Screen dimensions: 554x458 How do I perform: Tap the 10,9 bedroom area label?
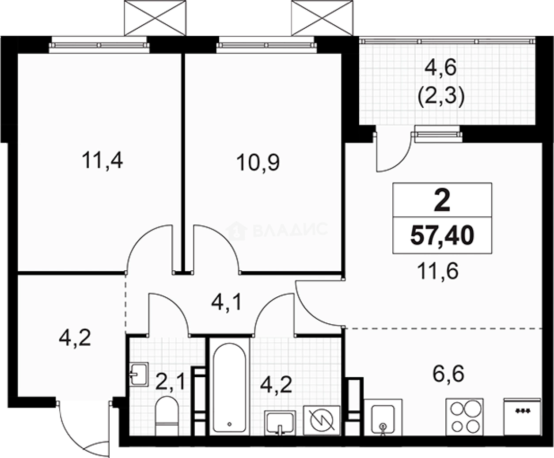(x=258, y=163)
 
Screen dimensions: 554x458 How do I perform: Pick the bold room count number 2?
(x=442, y=201)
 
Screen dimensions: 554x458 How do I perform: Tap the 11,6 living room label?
(x=438, y=271)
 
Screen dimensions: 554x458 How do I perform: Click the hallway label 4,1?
(x=226, y=303)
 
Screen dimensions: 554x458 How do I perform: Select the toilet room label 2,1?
(x=170, y=381)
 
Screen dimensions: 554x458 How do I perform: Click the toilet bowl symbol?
(x=167, y=416)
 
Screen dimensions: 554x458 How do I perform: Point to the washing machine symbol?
(x=322, y=420)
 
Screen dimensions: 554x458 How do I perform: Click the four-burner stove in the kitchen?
(x=465, y=417)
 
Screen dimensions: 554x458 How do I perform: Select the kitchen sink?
(x=383, y=417)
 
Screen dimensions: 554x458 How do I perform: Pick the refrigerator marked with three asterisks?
(x=522, y=416)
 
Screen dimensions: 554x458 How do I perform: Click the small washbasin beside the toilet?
(x=139, y=374)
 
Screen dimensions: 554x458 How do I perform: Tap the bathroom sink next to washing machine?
(x=280, y=423)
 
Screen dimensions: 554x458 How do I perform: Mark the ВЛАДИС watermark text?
(x=290, y=230)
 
